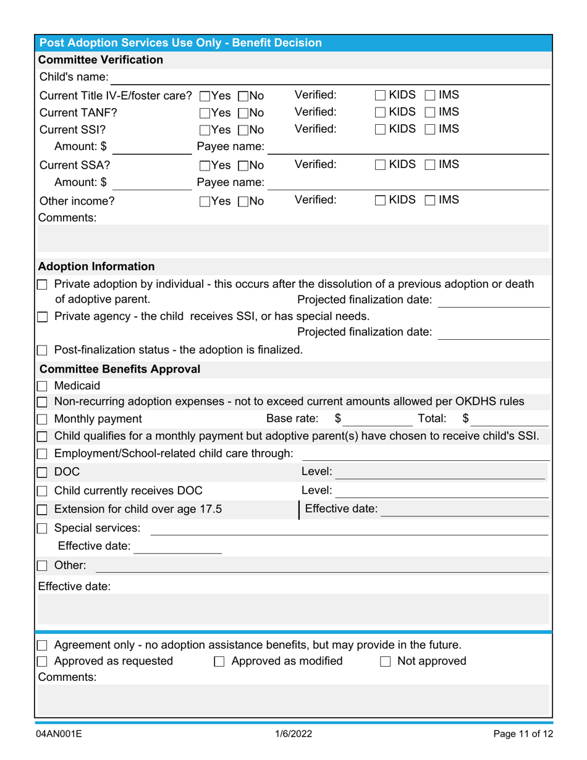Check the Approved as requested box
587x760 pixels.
click(43, 661)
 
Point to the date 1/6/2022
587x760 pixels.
click(293, 735)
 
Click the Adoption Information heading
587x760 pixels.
click(96, 267)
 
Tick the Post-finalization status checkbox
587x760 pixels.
click(43, 350)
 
